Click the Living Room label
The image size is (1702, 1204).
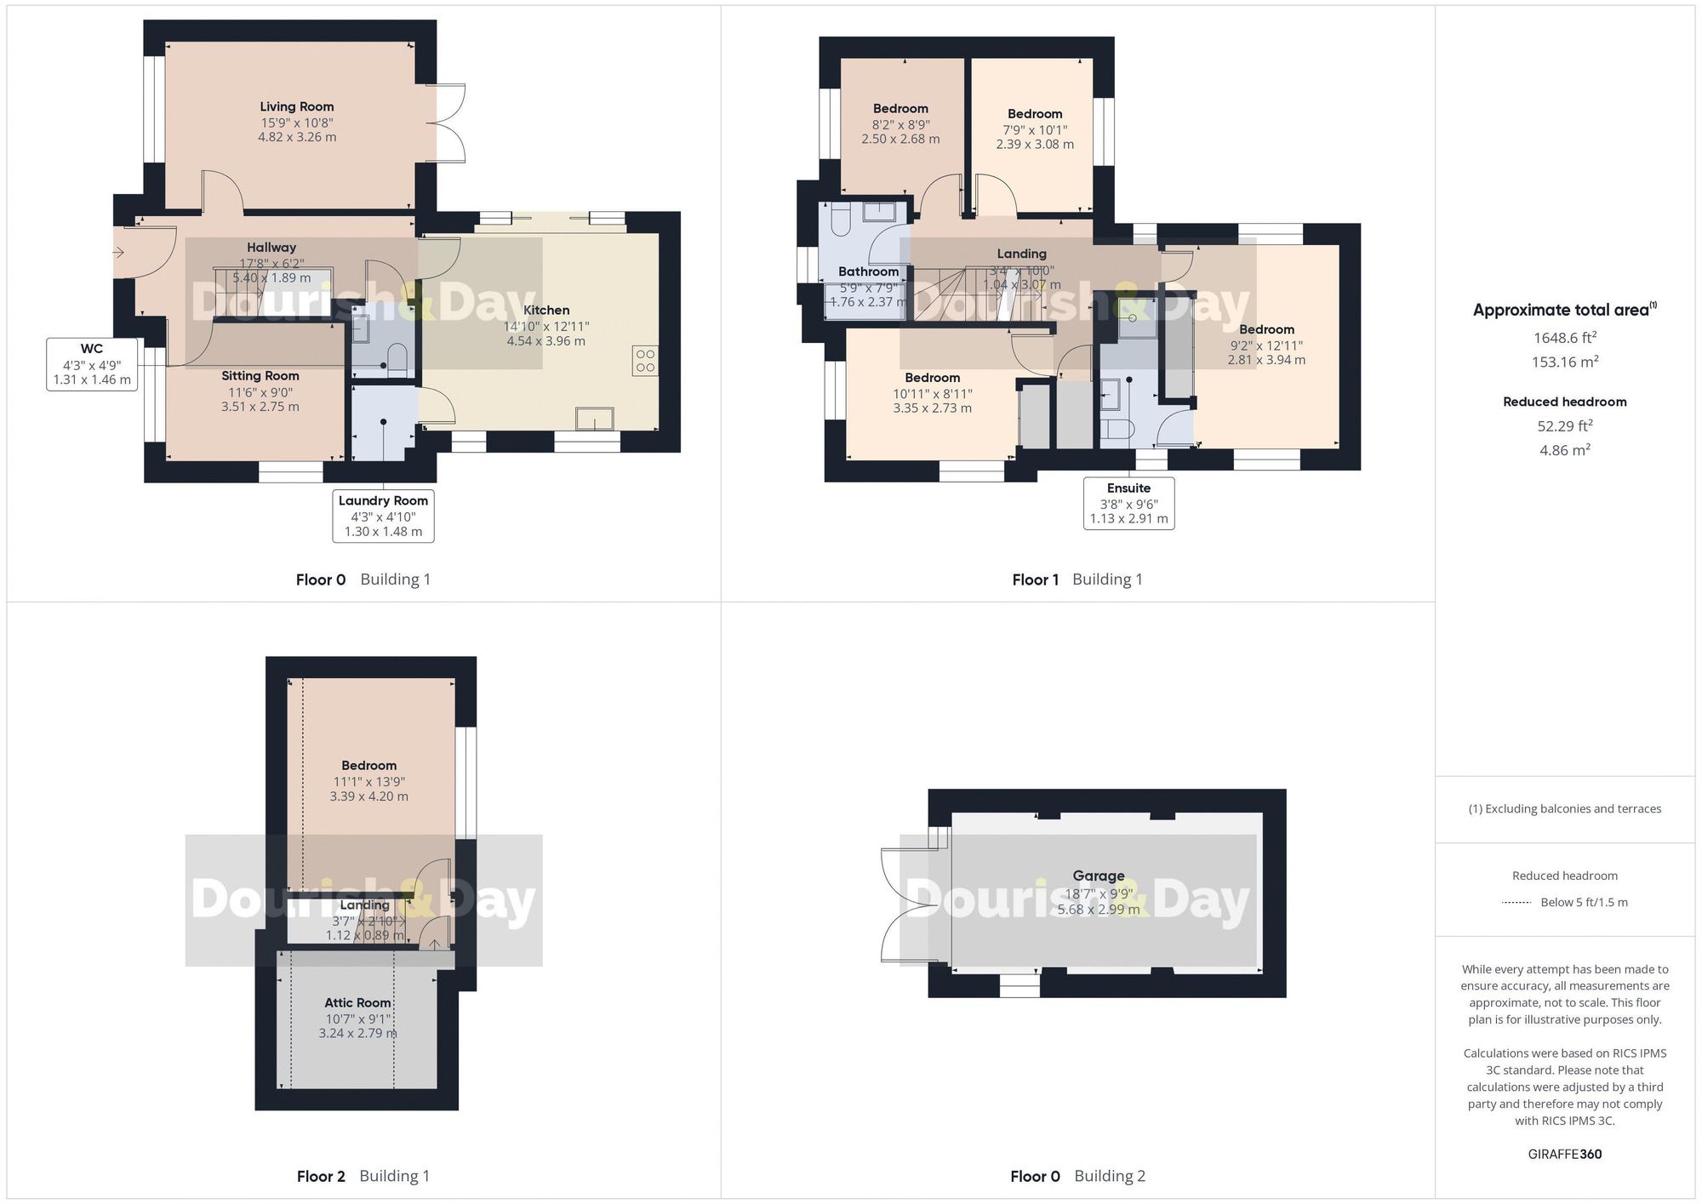(x=296, y=107)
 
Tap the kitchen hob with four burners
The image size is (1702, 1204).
(x=645, y=361)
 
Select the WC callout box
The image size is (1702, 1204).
(x=92, y=364)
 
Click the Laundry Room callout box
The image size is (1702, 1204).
(x=383, y=516)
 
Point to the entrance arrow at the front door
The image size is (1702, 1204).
(x=118, y=252)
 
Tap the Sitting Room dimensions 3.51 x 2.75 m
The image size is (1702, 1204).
(x=260, y=407)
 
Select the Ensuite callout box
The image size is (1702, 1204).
(x=1128, y=503)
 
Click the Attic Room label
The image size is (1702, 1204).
(x=357, y=1002)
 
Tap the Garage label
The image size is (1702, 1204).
(x=1098, y=876)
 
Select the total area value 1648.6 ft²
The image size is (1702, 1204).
(x=1564, y=338)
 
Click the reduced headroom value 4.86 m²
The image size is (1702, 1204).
(x=1564, y=450)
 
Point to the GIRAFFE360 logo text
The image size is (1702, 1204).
(x=1564, y=1154)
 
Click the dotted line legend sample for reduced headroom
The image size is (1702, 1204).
(x=1516, y=903)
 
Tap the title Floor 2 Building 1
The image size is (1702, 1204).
(x=363, y=1176)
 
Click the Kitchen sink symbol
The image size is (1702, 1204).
(x=594, y=419)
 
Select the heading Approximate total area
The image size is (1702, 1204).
(x=1564, y=311)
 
